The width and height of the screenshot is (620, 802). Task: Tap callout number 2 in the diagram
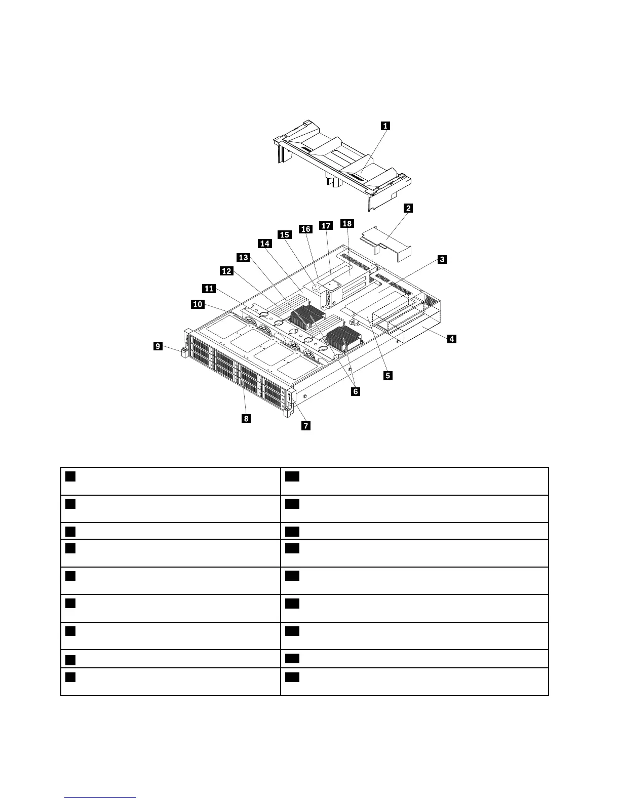(408, 208)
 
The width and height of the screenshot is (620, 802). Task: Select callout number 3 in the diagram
(442, 260)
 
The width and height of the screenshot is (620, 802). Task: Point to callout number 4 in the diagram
(451, 339)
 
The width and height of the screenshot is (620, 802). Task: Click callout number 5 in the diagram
(387, 375)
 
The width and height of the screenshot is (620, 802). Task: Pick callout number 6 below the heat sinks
(356, 391)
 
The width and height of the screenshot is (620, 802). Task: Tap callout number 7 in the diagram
(306, 425)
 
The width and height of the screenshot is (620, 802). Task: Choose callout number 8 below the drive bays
(246, 418)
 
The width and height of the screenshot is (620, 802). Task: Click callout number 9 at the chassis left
(159, 346)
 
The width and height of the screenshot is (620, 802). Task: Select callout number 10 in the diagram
(198, 304)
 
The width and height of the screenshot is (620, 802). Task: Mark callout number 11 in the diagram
(209, 289)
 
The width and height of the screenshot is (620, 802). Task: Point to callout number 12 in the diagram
(226, 271)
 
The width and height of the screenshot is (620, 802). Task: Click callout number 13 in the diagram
(244, 258)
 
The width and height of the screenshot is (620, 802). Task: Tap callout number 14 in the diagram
(264, 244)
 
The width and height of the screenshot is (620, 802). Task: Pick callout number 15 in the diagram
(285, 234)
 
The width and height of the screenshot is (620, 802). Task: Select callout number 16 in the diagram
(305, 229)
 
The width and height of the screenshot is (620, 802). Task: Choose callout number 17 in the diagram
(326, 225)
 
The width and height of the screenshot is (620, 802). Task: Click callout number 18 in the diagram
(347, 223)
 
